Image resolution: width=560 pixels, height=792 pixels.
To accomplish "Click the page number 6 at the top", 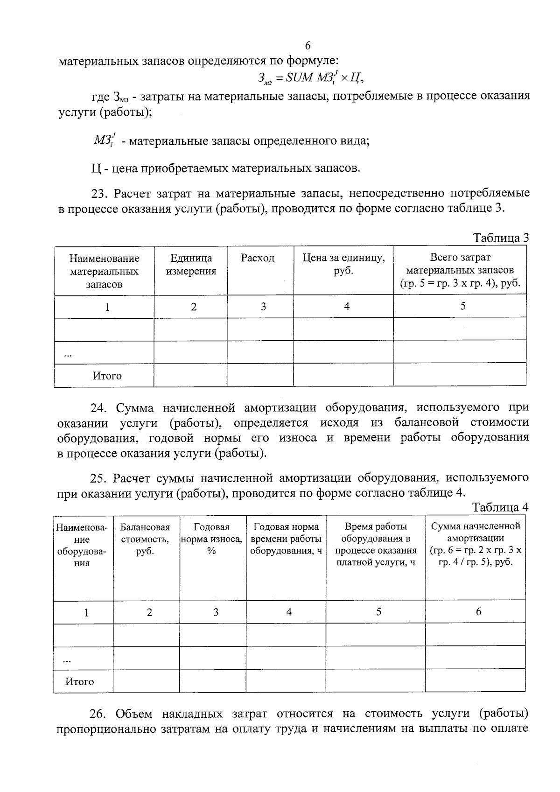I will point(308,46).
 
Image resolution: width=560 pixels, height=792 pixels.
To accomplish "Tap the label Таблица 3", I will point(501,238).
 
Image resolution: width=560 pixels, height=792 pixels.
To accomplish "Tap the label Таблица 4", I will point(500,507).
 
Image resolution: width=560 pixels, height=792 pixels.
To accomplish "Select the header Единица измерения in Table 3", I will point(191,265).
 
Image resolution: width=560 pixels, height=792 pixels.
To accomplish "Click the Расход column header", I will point(258,258).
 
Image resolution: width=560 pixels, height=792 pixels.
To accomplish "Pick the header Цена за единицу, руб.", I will point(343,265).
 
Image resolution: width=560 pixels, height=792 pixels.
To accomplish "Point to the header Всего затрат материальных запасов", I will point(460,270).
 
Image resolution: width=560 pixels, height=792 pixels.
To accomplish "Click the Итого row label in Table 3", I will point(107,376).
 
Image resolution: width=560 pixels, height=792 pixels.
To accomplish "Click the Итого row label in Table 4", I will point(79,681).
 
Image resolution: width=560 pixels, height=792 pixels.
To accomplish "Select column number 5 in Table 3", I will point(462,306).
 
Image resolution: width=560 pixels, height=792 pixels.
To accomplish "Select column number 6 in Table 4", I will point(478,611).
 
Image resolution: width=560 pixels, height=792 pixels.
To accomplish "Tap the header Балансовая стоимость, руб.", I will point(145,539).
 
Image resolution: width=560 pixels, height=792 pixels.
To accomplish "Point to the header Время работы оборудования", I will point(376,544).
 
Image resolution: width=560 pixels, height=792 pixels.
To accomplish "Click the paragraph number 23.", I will point(99,193).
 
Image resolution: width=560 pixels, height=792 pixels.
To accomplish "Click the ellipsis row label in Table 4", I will point(67,659).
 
